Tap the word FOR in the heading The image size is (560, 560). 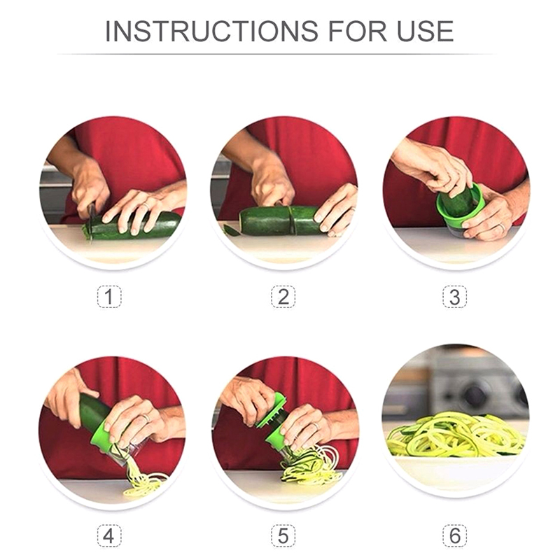point(358,31)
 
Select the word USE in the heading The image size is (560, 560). point(426,31)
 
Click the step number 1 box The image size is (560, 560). point(109,296)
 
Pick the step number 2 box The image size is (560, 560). point(283,296)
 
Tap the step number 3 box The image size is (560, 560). point(454,296)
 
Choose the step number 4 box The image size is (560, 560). point(109,535)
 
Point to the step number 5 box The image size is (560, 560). point(283,535)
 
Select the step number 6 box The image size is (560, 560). point(454,535)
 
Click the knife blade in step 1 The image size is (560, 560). point(91,224)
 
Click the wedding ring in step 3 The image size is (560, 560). point(502,227)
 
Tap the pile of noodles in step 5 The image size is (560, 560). point(311,464)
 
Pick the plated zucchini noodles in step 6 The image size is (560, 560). point(456,434)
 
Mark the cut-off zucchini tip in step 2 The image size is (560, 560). point(231,230)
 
